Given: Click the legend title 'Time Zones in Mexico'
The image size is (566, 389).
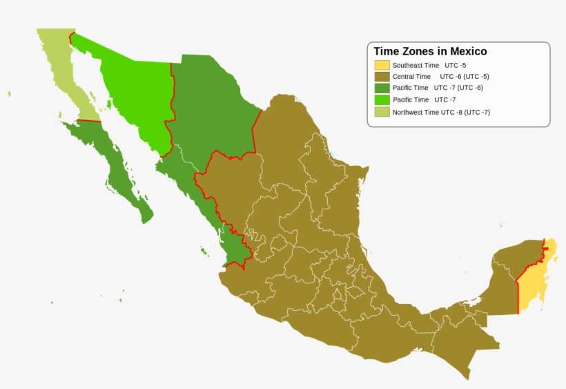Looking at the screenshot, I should [x=430, y=51].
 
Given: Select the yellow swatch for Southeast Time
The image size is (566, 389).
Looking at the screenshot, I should [x=382, y=65].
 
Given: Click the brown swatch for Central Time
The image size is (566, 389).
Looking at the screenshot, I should [x=382, y=77].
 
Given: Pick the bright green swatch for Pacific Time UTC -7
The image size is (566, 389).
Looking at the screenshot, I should [x=382, y=100].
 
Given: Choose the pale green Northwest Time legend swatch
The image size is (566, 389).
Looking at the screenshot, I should [x=382, y=112].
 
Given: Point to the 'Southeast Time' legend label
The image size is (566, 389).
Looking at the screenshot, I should [x=416, y=65].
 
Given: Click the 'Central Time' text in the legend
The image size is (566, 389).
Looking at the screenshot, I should [x=411, y=77].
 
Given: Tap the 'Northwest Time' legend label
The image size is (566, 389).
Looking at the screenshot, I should [x=416, y=112].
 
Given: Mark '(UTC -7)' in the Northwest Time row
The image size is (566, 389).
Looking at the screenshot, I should [x=476, y=112].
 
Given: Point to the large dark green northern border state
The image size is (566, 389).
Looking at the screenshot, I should [x=211, y=104].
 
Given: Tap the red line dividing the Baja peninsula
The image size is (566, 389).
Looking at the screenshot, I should [x=89, y=121].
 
